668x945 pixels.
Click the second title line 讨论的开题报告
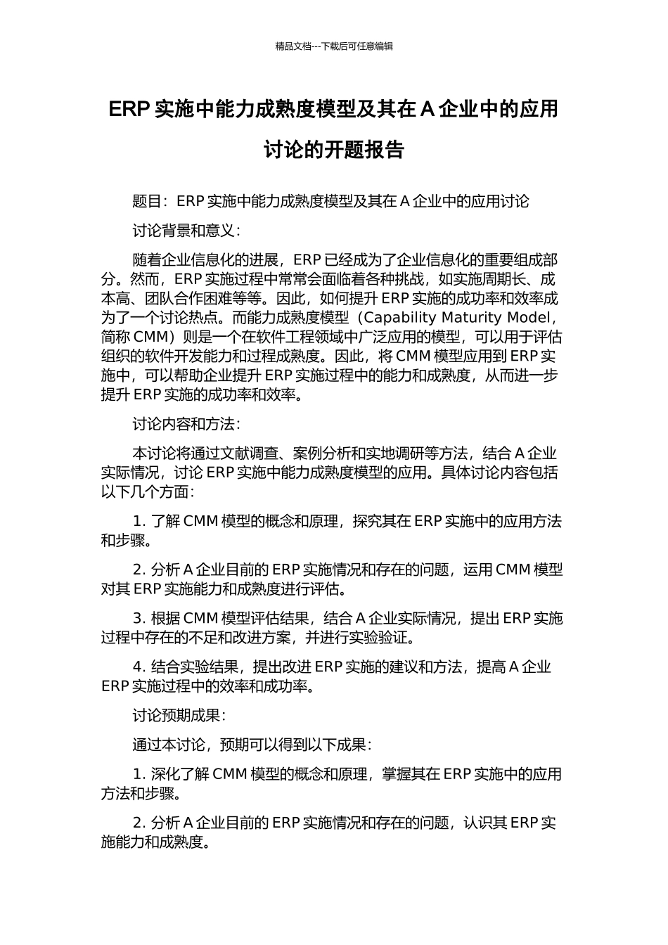click(x=334, y=150)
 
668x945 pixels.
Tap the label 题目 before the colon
click(x=147, y=202)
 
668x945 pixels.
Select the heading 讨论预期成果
click(x=176, y=716)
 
